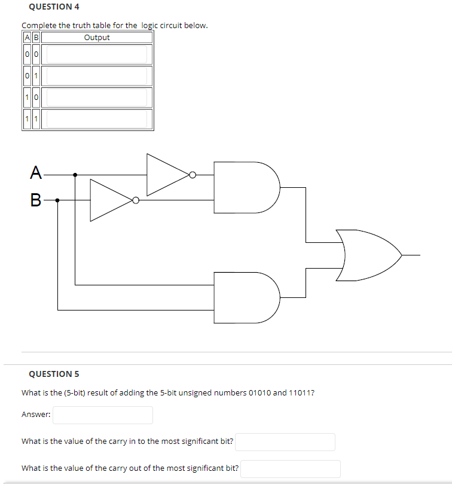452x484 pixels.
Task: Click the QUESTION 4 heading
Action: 54,7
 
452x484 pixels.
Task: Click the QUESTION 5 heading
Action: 54,374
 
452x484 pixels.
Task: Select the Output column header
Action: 97,38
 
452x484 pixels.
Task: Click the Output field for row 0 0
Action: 97,54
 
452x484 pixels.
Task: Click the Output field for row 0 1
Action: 97,76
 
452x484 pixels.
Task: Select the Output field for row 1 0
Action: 97,97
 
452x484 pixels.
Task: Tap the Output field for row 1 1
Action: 97,118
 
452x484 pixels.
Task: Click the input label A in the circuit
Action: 36,174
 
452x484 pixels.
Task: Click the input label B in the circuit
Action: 36,200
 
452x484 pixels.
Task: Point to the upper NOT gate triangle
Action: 166,175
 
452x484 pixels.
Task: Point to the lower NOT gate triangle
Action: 110,200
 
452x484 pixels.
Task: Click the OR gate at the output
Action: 368,254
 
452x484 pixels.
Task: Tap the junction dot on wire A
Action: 75,175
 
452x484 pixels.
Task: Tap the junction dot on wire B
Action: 57,200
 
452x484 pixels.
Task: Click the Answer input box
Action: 102,415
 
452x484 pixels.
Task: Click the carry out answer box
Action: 290,468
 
